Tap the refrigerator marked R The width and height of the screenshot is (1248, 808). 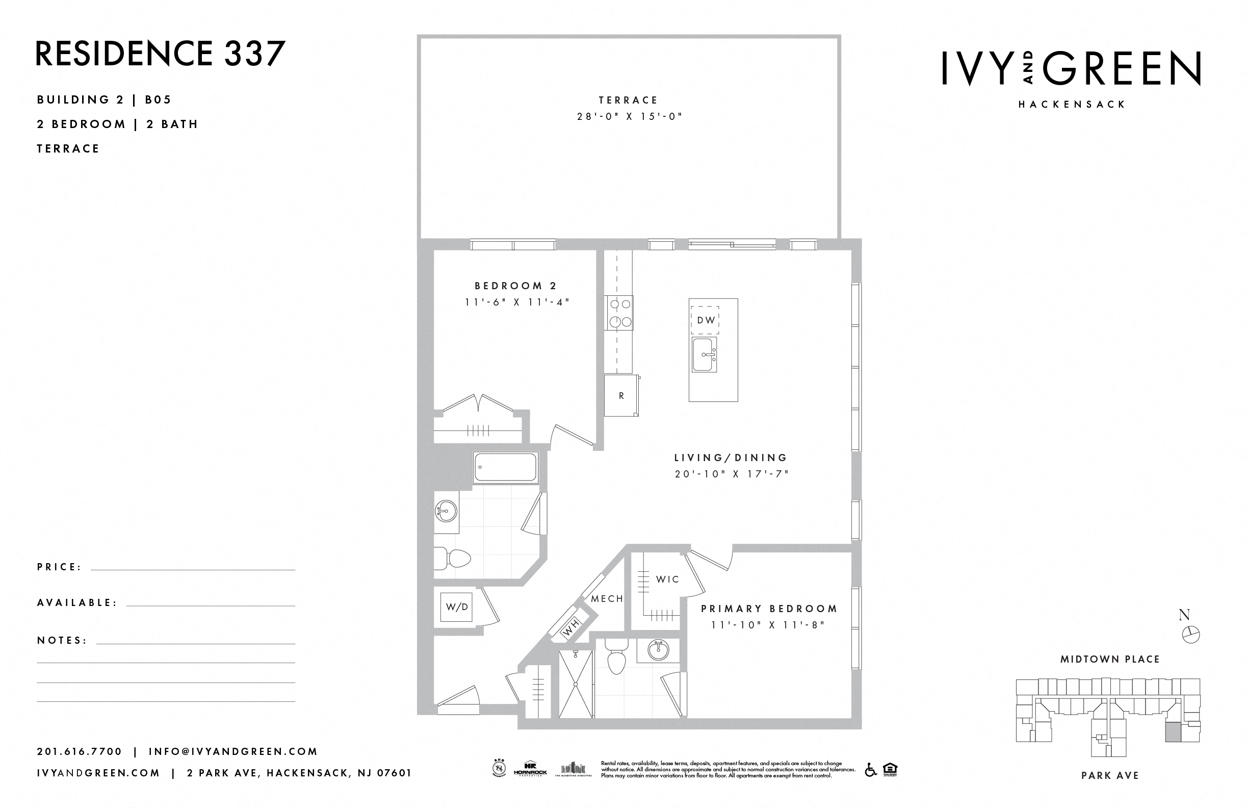(621, 396)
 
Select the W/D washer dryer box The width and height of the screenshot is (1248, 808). (456, 607)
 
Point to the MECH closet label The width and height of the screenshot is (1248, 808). (607, 599)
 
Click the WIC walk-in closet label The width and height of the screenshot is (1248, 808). (667, 579)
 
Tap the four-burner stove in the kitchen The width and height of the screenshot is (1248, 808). (619, 313)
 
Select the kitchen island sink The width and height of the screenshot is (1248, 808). (704, 355)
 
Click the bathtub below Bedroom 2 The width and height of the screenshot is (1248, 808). (506, 467)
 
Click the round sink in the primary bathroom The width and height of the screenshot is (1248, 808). (658, 650)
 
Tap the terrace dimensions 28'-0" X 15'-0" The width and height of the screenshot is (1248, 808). (629, 116)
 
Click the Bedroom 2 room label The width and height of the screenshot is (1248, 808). (515, 286)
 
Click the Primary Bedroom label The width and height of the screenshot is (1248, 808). (769, 609)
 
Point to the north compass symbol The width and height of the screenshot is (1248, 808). (1191, 635)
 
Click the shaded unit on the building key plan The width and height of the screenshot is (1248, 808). (1174, 731)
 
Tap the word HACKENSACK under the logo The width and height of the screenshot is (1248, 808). (1072, 105)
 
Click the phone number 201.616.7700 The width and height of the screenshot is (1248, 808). (79, 751)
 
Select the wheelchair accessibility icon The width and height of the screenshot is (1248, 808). (870, 770)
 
